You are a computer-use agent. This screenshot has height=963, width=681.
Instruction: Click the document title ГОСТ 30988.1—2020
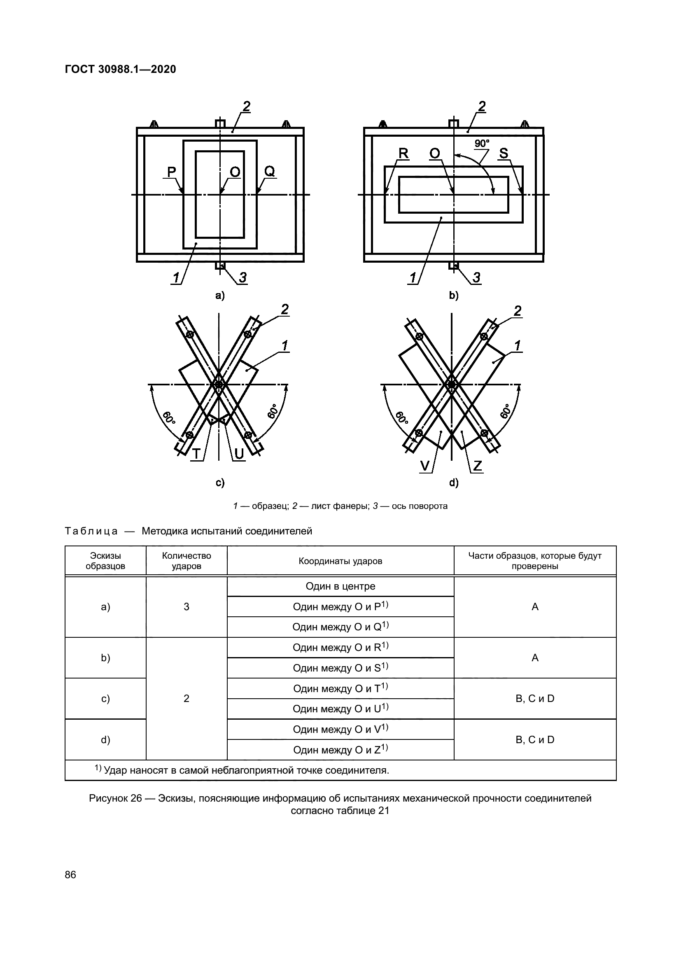pyautogui.click(x=120, y=69)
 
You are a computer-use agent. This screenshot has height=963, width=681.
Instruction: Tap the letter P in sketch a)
pyautogui.click(x=172, y=172)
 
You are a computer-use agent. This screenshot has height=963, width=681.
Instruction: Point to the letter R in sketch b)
pyautogui.click(x=403, y=154)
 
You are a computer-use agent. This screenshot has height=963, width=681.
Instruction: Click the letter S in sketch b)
pyautogui.click(x=504, y=154)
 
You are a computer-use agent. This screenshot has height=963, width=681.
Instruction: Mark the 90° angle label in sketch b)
pyautogui.click(x=482, y=143)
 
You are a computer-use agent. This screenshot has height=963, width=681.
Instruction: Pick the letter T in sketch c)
pyautogui.click(x=196, y=454)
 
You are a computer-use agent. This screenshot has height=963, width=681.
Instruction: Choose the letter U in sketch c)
pyautogui.click(x=239, y=454)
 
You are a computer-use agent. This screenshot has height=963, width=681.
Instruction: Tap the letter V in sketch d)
pyautogui.click(x=425, y=466)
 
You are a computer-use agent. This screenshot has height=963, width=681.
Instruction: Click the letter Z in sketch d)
pyautogui.click(x=477, y=466)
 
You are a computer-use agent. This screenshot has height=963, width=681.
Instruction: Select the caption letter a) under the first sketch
pyautogui.click(x=220, y=295)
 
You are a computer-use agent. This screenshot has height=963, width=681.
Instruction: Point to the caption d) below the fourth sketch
pyautogui.click(x=454, y=483)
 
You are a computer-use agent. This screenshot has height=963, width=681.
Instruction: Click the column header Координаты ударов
pyautogui.click(x=340, y=561)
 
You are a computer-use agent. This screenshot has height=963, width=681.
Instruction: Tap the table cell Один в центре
pyautogui.click(x=340, y=586)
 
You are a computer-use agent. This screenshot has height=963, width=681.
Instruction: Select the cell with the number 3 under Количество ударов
pyautogui.click(x=186, y=606)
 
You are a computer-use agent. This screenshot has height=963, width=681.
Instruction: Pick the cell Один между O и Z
pyautogui.click(x=340, y=749)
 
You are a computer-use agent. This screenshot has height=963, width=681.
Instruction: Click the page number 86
pyautogui.click(x=70, y=874)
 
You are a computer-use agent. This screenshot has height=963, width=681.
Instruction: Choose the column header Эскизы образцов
pyautogui.click(x=105, y=561)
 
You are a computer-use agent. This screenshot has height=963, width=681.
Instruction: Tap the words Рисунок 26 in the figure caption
pyautogui.click(x=115, y=798)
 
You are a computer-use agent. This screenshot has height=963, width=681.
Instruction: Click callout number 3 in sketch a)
pyautogui.click(x=243, y=277)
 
